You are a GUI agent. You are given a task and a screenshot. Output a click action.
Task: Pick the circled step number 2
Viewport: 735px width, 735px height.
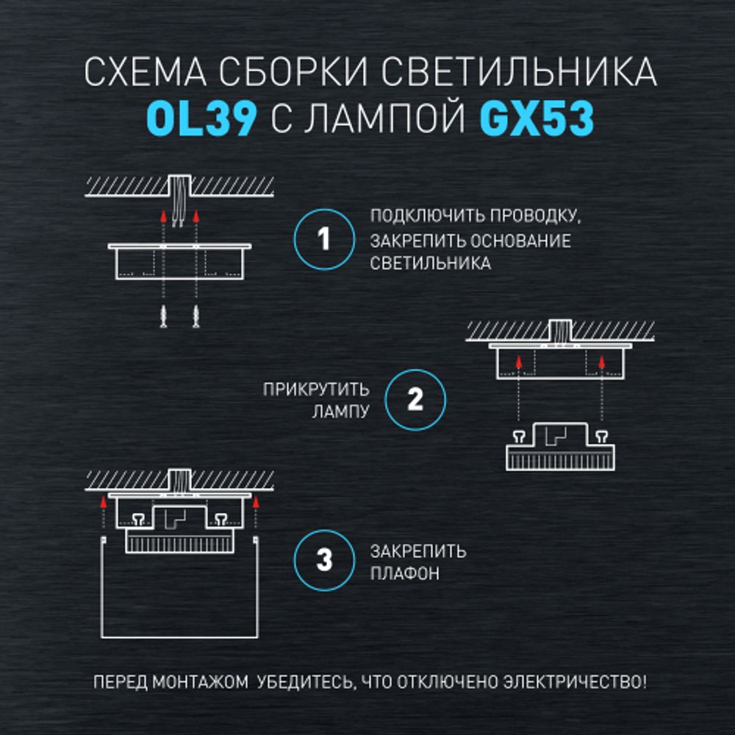coord(415,400)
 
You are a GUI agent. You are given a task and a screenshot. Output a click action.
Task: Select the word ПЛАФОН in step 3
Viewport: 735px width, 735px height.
coord(405,573)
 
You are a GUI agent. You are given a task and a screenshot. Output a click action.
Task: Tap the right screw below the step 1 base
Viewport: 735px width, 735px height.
coord(196,317)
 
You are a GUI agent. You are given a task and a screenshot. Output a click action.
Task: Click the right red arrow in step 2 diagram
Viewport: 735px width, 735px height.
coord(602,361)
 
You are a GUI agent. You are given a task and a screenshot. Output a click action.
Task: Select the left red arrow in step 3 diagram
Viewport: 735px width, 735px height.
coord(104,504)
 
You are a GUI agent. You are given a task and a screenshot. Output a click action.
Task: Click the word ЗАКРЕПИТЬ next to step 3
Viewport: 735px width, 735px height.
coord(418,551)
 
